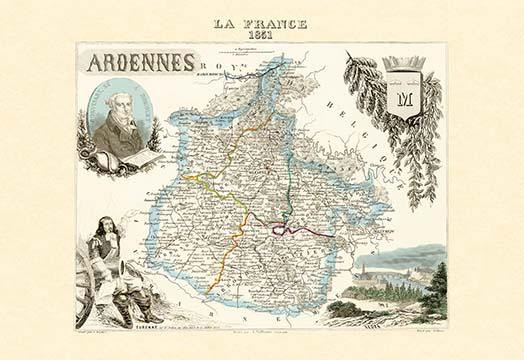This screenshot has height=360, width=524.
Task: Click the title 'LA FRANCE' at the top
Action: click(261, 23)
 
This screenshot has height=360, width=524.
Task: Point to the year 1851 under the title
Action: click(261, 34)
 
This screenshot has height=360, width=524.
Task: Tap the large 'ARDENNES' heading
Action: click(140, 63)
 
